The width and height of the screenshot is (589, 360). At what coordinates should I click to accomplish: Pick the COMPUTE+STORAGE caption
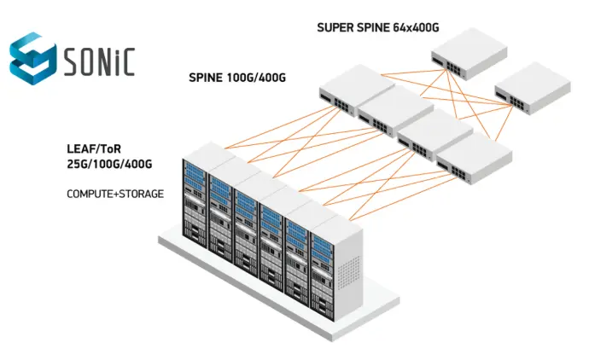[x=115, y=195]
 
